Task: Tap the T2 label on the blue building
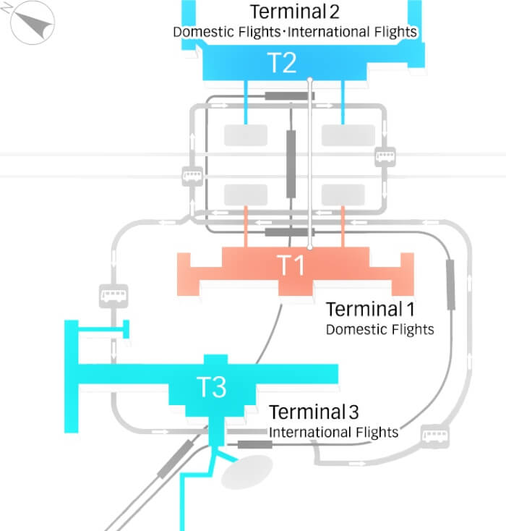(x=282, y=64)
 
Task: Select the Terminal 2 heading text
(x=294, y=12)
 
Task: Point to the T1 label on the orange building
(x=293, y=266)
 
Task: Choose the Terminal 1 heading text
(x=370, y=310)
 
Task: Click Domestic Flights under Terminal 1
(x=379, y=330)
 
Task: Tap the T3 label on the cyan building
(x=212, y=388)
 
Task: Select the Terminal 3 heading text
(x=314, y=412)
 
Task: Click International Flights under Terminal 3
(x=333, y=433)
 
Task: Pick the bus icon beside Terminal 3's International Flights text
(x=435, y=436)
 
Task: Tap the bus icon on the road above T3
(x=112, y=295)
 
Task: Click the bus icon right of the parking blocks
(x=385, y=156)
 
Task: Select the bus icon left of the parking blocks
(x=192, y=176)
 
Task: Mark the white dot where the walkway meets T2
(x=310, y=79)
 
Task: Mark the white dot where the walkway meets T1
(x=310, y=247)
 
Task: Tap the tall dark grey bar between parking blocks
(x=291, y=163)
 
